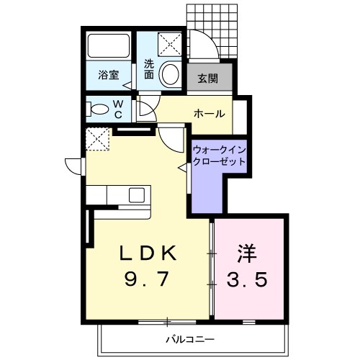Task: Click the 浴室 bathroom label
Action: (x=109, y=75)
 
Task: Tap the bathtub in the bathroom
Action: (x=109, y=45)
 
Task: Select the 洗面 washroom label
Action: (x=149, y=69)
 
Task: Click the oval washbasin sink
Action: (x=171, y=73)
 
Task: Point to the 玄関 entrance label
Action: (x=208, y=78)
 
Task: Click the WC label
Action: (x=118, y=109)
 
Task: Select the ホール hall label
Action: (x=210, y=114)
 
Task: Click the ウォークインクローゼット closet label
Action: (x=219, y=156)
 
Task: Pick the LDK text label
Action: (x=148, y=253)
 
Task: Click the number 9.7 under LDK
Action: (x=145, y=279)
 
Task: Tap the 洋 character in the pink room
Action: (x=247, y=253)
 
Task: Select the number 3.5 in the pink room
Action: (x=247, y=279)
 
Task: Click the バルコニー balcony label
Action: (x=190, y=340)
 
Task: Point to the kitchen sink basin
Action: (x=137, y=195)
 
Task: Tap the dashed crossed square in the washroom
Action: (x=170, y=45)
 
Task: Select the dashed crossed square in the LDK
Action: (x=98, y=139)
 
